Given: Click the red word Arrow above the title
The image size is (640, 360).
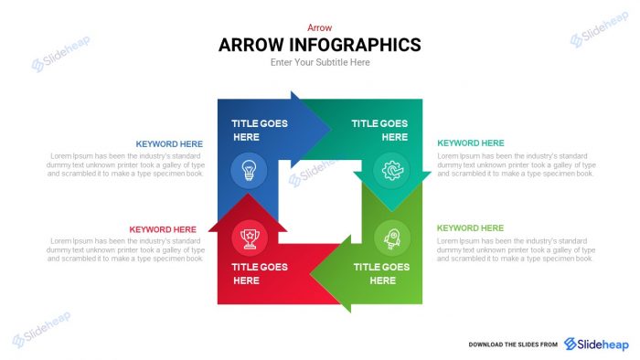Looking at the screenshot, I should [x=319, y=27].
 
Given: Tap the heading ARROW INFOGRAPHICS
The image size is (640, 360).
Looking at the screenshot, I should [x=320, y=45].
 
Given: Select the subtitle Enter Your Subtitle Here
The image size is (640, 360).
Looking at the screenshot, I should [x=320, y=63].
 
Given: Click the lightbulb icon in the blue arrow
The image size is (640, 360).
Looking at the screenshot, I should [x=249, y=168].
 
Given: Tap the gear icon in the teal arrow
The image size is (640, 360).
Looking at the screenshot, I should [x=391, y=169].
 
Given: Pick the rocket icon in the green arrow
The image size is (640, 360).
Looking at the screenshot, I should [x=392, y=236].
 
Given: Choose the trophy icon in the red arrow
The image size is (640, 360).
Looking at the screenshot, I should [x=249, y=237].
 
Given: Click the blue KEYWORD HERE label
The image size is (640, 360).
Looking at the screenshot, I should [x=169, y=143].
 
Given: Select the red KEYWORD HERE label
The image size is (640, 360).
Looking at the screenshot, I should [x=163, y=229].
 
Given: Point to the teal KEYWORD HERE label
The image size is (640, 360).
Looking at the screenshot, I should [x=470, y=143].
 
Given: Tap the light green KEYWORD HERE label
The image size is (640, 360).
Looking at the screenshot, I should [x=470, y=228].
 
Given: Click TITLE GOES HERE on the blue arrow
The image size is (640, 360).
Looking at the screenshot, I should [x=259, y=130].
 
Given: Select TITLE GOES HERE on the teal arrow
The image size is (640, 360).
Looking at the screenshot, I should [x=380, y=130].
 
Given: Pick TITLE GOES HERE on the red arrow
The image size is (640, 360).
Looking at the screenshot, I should [x=259, y=273].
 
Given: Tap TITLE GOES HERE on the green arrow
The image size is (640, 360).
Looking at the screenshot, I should [x=381, y=273].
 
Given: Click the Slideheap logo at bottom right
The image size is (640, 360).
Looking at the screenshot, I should [x=597, y=344].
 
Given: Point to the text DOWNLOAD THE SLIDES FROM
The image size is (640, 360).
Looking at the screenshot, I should [x=513, y=344].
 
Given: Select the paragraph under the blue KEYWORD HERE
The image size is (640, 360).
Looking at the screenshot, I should [x=125, y=164].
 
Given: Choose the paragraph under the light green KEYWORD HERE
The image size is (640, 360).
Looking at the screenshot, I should [x=516, y=249].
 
